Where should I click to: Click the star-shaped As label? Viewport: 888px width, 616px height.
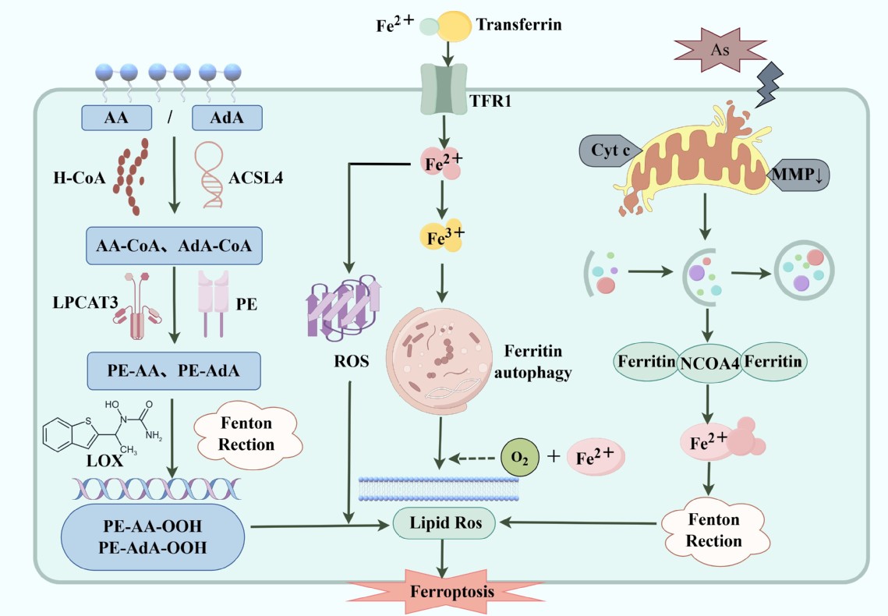click(719, 49)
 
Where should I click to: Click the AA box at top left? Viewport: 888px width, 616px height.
click(116, 119)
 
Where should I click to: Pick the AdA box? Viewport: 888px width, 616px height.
click(226, 119)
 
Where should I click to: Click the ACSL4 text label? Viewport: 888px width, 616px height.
click(256, 179)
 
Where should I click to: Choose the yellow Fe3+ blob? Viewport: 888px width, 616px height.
click(442, 235)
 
